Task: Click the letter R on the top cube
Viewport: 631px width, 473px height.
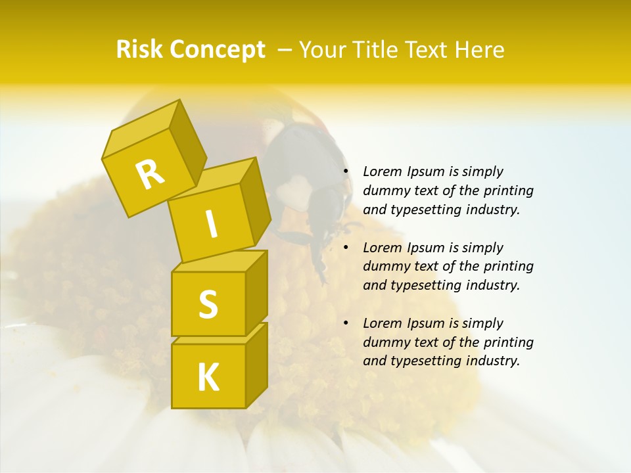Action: click(150, 174)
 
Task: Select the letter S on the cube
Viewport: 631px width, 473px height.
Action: click(208, 304)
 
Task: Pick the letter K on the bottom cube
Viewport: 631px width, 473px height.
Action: click(208, 378)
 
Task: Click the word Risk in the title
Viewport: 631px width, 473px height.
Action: click(139, 49)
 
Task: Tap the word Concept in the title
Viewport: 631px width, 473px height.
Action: click(216, 51)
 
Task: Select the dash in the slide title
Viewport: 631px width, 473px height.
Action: click(285, 49)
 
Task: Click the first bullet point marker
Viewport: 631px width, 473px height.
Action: click(346, 172)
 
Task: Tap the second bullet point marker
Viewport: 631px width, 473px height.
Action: click(346, 248)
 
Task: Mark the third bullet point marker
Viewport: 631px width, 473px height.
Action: click(346, 323)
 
